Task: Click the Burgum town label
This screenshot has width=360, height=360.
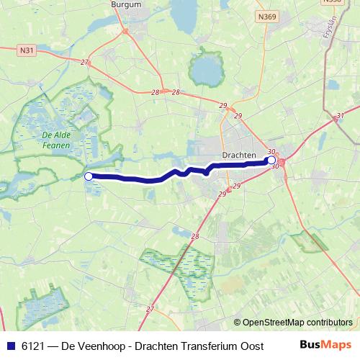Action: pos(126,4)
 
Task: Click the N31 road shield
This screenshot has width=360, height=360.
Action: pos(27,50)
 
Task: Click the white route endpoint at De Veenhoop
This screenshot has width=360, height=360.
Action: pos(88,176)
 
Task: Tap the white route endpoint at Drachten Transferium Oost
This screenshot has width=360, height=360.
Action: pos(271,161)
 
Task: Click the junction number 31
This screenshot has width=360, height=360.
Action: pos(340,114)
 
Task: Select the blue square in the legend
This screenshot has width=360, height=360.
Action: pos(11,346)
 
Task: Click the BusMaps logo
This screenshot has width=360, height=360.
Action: pos(325,346)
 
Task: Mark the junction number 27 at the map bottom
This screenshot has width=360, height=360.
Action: pos(150,309)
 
